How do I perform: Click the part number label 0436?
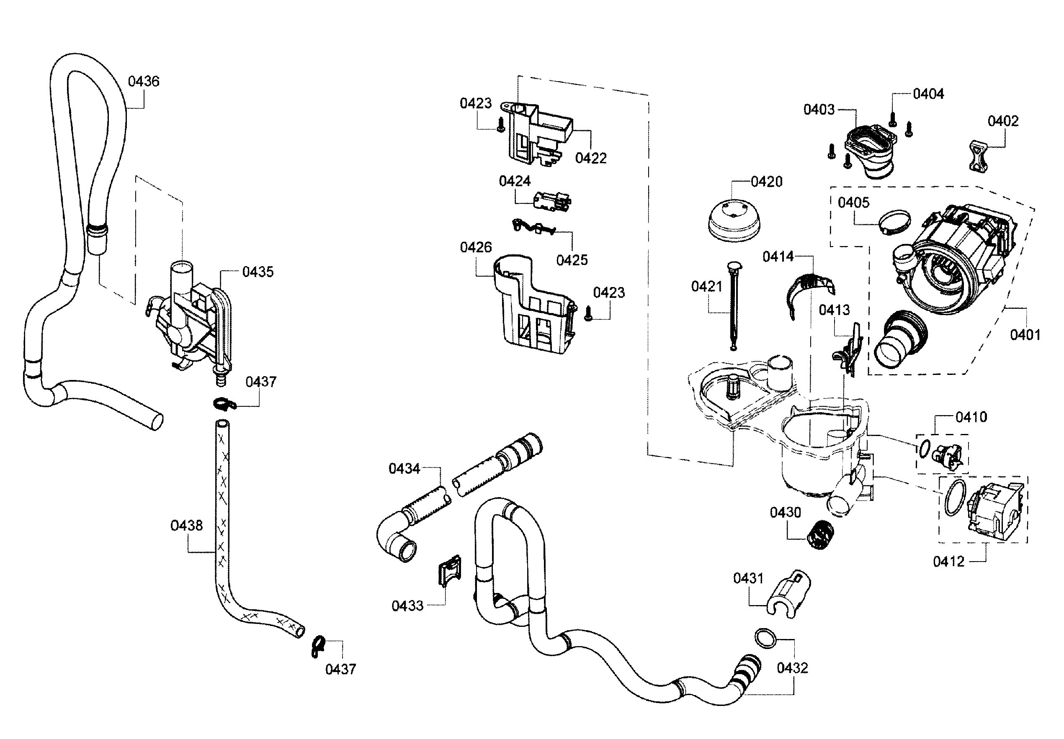click(143, 82)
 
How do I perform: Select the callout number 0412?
click(948, 562)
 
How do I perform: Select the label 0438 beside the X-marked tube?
click(186, 526)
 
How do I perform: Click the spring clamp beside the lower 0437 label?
click(317, 647)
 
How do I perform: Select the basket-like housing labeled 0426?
click(533, 308)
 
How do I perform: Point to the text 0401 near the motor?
click(1025, 335)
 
